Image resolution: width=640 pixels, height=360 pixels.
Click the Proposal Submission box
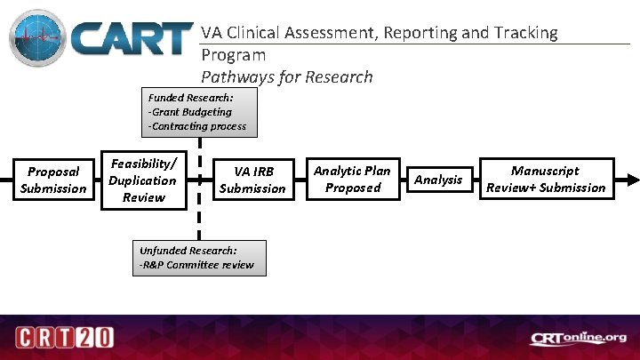click(53, 179)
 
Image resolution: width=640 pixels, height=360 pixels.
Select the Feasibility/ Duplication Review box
click(143, 180)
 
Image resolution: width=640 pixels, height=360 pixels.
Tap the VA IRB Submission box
click(252, 180)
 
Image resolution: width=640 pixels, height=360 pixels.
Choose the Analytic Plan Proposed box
click(352, 179)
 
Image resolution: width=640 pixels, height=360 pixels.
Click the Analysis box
click(438, 180)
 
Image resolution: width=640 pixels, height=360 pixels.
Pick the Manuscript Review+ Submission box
click(545, 179)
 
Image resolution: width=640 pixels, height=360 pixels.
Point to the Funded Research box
click(198, 112)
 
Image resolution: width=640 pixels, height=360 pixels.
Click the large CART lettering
click(132, 40)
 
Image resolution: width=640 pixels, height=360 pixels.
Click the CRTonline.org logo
click(579, 338)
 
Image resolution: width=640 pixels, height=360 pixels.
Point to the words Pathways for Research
click(287, 76)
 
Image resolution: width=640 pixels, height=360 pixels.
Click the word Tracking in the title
click(524, 33)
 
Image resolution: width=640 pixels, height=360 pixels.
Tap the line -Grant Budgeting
click(190, 112)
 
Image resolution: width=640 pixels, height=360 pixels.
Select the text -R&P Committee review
click(196, 265)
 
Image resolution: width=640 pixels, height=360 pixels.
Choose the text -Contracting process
click(197, 127)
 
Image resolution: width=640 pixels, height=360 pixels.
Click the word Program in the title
click(233, 55)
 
